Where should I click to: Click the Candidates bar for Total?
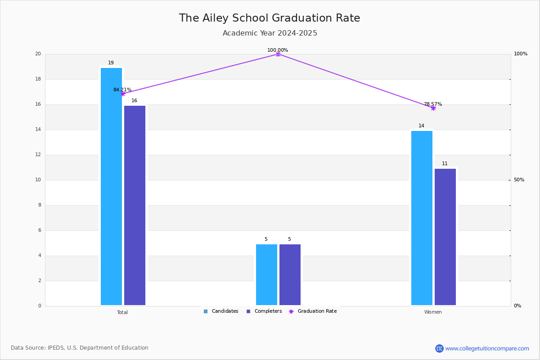pos(111,187)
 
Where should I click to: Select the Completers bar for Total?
pos(135,206)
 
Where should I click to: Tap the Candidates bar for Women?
pos(422,218)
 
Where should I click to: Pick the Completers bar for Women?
pos(445,237)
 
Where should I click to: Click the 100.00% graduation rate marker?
pos(278,54)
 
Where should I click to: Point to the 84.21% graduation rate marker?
pos(123,94)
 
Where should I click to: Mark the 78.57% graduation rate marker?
pos(433,108)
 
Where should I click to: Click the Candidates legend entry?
pos(221,311)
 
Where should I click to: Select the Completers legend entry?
pos(264,311)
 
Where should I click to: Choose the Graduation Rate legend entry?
pos(313,311)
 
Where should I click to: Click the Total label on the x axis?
pos(122,312)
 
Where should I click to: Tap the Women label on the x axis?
pos(433,312)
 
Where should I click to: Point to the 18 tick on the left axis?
pos(38,79)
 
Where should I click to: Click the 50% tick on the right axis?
pos(519,180)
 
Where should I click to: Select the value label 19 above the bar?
pos(111,63)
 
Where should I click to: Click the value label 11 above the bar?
pos(445,164)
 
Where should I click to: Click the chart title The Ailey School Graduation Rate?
pos(270,18)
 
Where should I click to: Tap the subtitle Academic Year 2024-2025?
pos(270,33)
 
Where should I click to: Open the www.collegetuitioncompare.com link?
pos(487,349)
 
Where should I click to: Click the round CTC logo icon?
pos(440,349)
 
